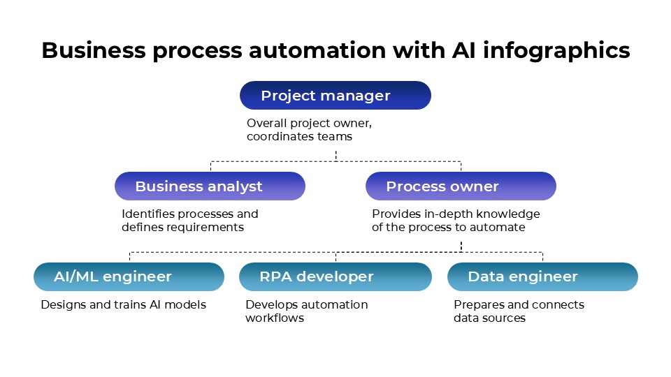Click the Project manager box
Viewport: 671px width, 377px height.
(335, 96)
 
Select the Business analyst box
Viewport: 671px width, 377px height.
(210, 186)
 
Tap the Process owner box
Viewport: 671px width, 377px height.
(461, 186)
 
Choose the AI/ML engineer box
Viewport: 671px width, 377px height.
(129, 276)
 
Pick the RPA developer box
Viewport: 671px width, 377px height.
(335, 276)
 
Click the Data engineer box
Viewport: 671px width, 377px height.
(542, 276)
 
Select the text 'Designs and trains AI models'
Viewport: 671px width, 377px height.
(123, 304)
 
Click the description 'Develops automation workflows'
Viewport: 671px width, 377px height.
(306, 311)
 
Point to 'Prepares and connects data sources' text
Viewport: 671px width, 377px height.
(519, 311)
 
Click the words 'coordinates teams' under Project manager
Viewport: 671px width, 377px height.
(299, 137)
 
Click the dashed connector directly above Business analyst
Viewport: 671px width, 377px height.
(210, 166)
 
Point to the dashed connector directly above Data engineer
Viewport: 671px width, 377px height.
(542, 256)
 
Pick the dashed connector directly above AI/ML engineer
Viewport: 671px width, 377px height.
(129, 256)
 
